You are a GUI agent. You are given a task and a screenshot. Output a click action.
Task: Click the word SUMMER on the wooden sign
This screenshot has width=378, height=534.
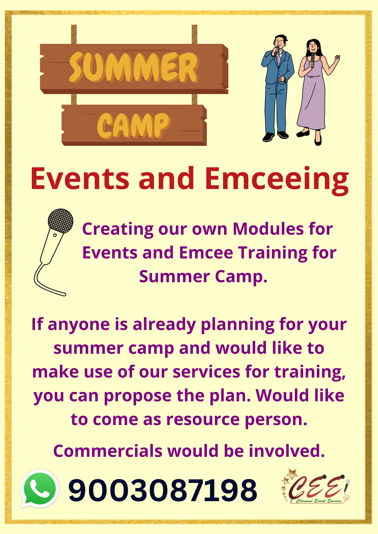pyautogui.click(x=134, y=67)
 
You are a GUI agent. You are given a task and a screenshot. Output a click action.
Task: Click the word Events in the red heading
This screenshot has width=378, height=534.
pyautogui.click(x=80, y=178)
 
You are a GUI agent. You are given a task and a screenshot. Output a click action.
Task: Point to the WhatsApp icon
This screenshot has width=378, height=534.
pyautogui.click(x=40, y=489)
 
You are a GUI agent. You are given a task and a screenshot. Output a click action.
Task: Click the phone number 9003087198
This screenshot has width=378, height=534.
pyautogui.click(x=163, y=490)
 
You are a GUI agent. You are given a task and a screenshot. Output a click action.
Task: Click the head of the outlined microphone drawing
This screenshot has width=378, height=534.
pyautogui.click(x=60, y=221)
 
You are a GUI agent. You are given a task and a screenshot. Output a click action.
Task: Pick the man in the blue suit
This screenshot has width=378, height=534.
pyautogui.click(x=277, y=88)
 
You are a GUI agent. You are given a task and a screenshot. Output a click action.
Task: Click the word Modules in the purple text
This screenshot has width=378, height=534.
pyautogui.click(x=268, y=229)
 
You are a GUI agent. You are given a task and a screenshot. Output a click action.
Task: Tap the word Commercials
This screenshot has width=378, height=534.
pyautogui.click(x=108, y=451)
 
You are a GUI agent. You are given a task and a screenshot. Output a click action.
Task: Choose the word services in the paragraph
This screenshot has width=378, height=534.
pyautogui.click(x=206, y=372)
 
